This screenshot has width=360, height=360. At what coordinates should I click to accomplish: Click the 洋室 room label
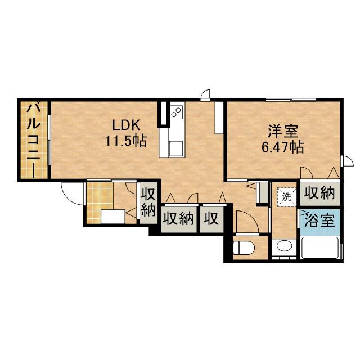282,130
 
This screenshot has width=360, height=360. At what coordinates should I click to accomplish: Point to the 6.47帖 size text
283,147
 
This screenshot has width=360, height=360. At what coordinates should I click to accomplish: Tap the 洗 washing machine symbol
287,196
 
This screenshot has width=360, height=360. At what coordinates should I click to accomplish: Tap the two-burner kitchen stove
176,111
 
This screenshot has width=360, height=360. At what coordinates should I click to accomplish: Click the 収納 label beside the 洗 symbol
319,194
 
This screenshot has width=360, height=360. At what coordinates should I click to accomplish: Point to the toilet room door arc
246,221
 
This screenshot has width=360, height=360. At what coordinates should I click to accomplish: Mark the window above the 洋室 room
291,100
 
